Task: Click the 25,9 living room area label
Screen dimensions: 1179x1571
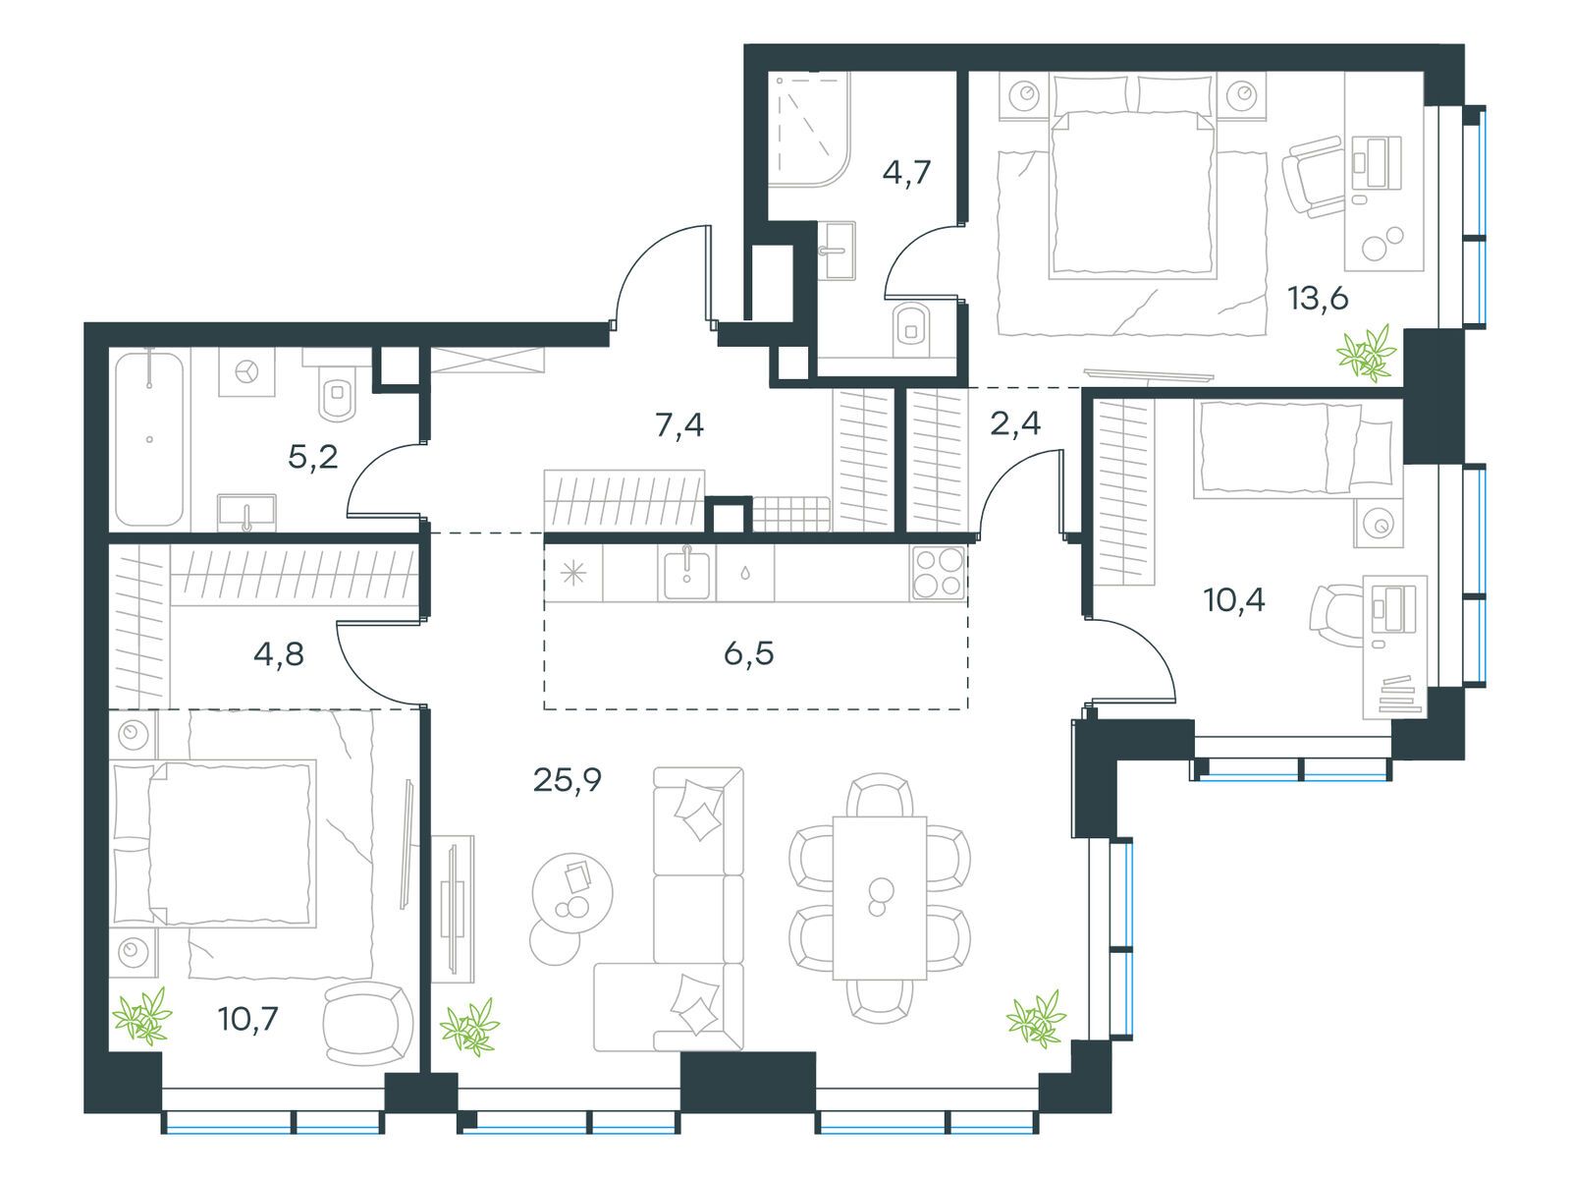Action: [x=567, y=780]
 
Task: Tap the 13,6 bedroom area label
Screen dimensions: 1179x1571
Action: [x=1318, y=299]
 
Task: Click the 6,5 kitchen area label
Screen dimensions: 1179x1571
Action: [x=748, y=652]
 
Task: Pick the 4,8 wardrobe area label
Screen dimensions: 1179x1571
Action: [x=278, y=654]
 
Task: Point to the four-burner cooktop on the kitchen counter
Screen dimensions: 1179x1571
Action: [x=938, y=572]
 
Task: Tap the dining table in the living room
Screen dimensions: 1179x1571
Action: [x=879, y=896]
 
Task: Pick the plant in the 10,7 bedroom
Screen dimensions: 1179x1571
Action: [x=143, y=1016]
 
